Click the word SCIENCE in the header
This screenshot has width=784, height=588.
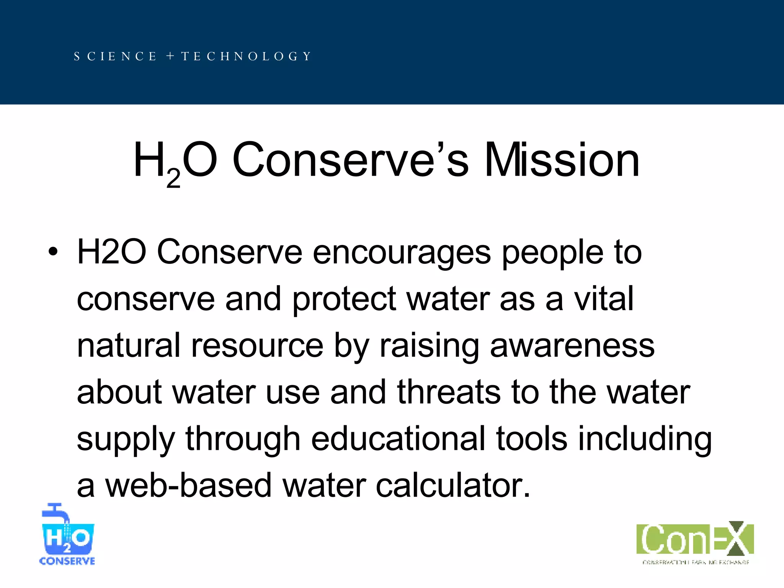click(x=115, y=57)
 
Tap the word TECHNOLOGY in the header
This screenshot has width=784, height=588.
click(x=246, y=57)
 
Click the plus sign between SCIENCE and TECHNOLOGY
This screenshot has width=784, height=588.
click(x=170, y=56)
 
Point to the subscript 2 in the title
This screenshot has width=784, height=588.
click(x=173, y=178)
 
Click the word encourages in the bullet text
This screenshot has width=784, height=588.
click(x=402, y=253)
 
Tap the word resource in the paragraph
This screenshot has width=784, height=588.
click(x=257, y=346)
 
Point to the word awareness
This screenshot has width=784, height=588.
click(x=572, y=346)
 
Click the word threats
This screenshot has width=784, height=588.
click(x=449, y=392)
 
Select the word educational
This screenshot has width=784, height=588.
click(x=398, y=439)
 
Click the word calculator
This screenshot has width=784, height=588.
click(x=453, y=485)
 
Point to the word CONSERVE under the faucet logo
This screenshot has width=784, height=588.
click(x=67, y=561)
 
